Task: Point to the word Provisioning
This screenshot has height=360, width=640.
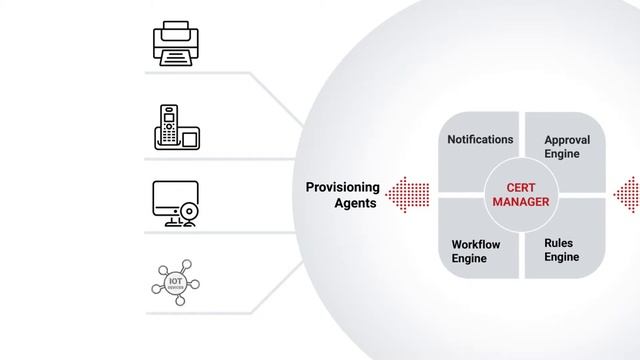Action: click(343, 187)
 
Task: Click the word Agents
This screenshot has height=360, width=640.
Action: click(356, 203)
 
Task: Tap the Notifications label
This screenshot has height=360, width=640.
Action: click(480, 140)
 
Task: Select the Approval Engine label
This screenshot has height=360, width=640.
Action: click(567, 148)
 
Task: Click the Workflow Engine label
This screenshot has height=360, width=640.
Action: click(476, 251)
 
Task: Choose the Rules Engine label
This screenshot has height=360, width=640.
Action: click(562, 250)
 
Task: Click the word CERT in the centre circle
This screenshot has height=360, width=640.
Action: click(522, 187)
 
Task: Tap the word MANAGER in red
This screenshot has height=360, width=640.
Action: click(522, 202)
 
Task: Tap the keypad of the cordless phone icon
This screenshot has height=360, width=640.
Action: click(170, 133)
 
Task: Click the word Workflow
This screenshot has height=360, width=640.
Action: click(476, 244)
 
